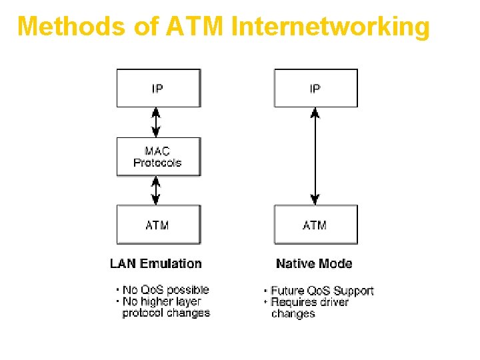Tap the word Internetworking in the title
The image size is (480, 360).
330,26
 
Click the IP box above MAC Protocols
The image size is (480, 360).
158,88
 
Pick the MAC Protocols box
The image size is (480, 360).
158,157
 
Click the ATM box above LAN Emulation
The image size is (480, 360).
158,225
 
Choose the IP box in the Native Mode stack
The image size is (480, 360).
315,88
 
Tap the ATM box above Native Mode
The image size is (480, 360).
315,225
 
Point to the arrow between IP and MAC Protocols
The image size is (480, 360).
156,122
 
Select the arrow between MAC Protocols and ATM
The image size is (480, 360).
156,191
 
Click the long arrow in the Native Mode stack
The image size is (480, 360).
315,156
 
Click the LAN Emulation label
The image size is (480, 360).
155,263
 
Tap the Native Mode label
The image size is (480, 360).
314,263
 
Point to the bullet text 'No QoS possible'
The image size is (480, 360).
165,290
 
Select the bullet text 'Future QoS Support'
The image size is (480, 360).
322,291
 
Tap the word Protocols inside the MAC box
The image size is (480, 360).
157,163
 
